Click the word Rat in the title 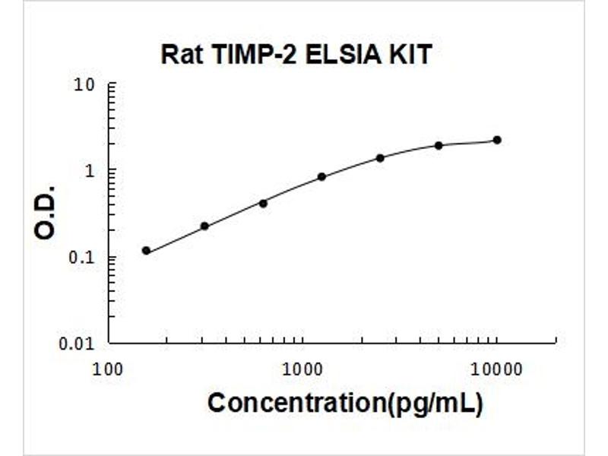(x=180, y=55)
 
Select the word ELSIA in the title (x=342, y=55)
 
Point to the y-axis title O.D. (x=46, y=212)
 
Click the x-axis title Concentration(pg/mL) (x=345, y=403)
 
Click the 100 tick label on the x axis (x=109, y=370)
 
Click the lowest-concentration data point (x=146, y=251)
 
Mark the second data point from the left (x=204, y=226)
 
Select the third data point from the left (x=263, y=203)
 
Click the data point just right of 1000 (x=321, y=176)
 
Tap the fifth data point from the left (x=380, y=158)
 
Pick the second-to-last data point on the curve (x=439, y=145)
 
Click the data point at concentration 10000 (x=497, y=140)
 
